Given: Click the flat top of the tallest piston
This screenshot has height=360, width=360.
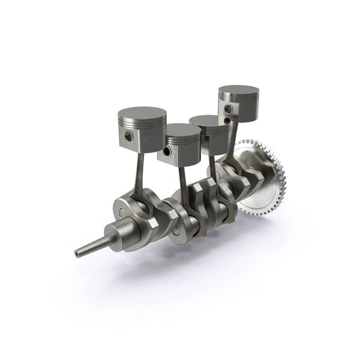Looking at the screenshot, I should click(239, 91).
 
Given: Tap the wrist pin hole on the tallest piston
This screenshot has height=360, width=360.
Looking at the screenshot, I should click(229, 109).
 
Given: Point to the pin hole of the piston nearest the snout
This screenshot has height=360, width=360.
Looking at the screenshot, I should click(129, 136).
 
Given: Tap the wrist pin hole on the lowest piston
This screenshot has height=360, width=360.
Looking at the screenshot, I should click(167, 152).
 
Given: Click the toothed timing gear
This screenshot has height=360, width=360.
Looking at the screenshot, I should click(264, 180).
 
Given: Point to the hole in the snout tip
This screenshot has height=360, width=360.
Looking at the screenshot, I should click(77, 254).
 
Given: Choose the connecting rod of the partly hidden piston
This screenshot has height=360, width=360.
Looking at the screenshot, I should click(212, 168).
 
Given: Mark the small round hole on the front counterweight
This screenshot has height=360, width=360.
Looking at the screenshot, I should click(122, 212).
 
